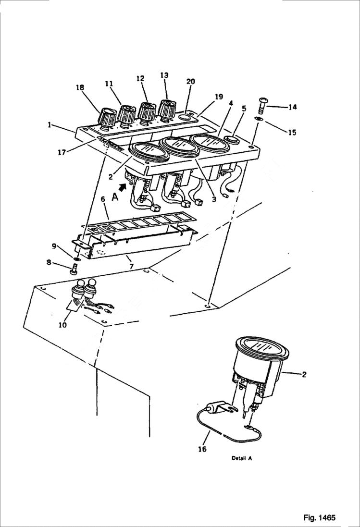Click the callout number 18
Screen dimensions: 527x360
[x=79, y=87]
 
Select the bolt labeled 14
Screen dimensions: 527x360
[x=265, y=104]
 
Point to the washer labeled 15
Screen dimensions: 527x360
[x=259, y=120]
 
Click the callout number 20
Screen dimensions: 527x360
[x=190, y=81]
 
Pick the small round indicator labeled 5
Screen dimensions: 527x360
[x=233, y=140]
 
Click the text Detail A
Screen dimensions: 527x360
[x=242, y=458]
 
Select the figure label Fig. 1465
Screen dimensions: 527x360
[x=319, y=517]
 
